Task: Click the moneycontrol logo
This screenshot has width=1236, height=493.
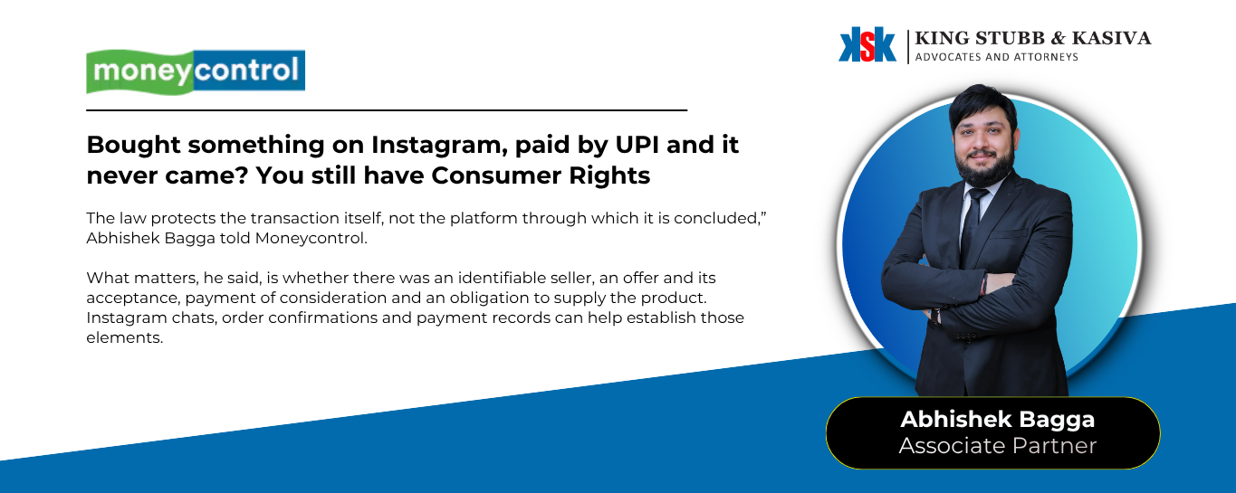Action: click(x=196, y=71)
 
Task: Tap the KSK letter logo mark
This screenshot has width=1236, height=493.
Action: click(x=867, y=44)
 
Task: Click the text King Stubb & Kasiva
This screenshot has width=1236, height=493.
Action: click(x=1033, y=38)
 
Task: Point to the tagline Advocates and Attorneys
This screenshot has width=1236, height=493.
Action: click(x=997, y=57)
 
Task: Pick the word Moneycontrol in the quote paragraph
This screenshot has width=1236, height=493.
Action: click(x=311, y=238)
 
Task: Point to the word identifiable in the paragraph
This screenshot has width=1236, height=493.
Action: click(x=501, y=278)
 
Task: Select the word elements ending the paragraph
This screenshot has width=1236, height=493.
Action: click(x=125, y=337)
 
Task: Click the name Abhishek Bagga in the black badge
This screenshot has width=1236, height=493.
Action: click(x=997, y=420)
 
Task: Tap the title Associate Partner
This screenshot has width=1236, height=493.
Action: click(x=997, y=446)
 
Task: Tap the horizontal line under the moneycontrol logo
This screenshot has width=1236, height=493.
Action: click(x=387, y=110)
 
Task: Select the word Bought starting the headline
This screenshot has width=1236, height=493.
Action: click(x=134, y=146)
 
